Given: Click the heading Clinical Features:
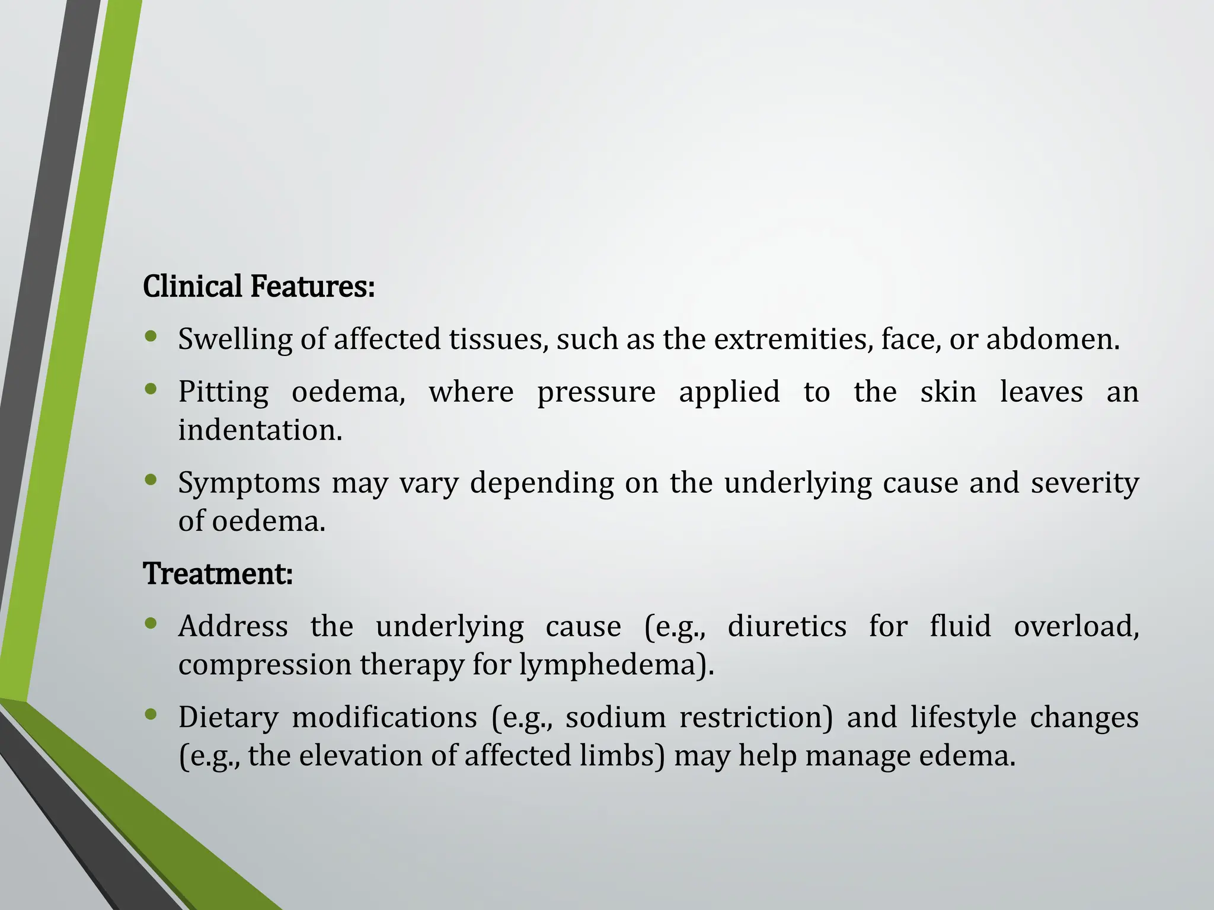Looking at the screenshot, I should coord(259,287).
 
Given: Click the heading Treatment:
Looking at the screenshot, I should coord(218,573).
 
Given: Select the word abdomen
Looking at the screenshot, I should coord(1052,339).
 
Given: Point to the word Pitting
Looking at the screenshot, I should coord(223,393).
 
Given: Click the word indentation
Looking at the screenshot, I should coord(260,430).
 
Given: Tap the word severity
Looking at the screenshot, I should coord(1085,483).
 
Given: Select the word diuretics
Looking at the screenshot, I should coord(787,626).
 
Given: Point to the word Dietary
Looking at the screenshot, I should coord(228,718).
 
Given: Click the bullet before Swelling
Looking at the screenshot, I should coord(151,337).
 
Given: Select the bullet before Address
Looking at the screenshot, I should coord(151,623).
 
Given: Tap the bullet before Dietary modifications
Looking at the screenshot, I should coord(151,714).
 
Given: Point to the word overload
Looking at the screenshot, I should coord(1076,626).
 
